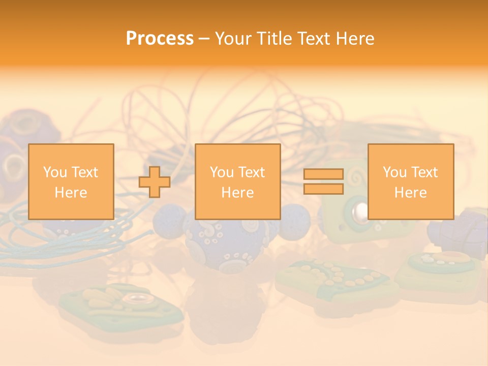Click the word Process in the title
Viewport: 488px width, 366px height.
[160, 39]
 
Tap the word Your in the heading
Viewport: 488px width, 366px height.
[234, 39]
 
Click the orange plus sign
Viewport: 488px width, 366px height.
[155, 182]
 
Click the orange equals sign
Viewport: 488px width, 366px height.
[323, 182]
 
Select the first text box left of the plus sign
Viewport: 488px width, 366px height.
[71, 182]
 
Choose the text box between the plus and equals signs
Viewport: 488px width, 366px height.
[237, 182]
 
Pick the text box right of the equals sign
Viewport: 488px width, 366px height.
[410, 182]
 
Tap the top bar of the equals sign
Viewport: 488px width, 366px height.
[323, 174]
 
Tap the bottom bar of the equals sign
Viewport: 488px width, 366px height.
[323, 189]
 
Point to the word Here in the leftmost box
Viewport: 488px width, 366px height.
[71, 193]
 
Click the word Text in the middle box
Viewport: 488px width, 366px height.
[252, 172]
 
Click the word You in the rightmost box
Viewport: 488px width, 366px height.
[395, 172]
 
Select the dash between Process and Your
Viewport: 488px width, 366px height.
[204, 39]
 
